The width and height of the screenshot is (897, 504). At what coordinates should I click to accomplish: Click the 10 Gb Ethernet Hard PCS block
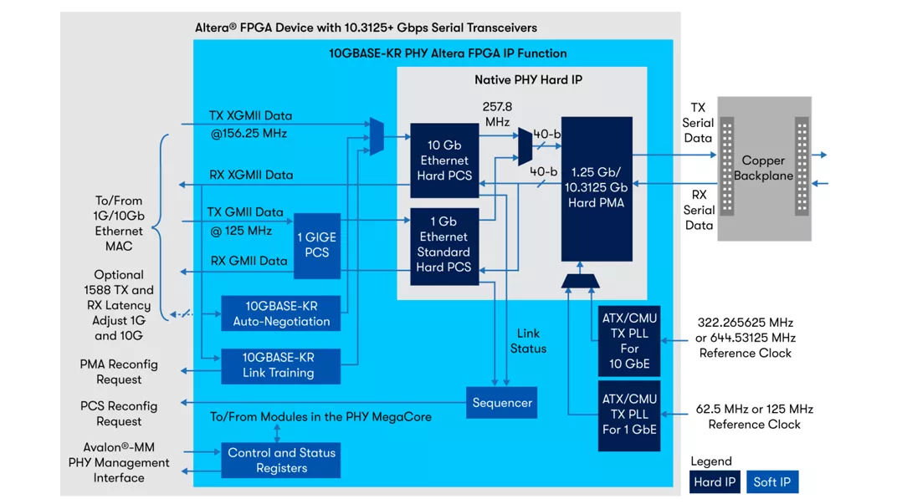[443, 160]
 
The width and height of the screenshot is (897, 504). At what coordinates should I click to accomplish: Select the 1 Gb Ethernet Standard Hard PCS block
[443, 244]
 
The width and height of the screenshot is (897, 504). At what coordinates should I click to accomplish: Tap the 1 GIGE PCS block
[317, 245]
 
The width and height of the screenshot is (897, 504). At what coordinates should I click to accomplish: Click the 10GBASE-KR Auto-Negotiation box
[280, 313]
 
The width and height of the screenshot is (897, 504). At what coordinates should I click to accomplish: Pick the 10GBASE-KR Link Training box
[280, 365]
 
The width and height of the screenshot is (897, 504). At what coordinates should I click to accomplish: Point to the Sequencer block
[501, 403]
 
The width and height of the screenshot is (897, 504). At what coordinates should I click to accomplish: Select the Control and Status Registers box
[280, 461]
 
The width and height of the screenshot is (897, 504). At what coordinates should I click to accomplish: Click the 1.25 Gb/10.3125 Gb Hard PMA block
[597, 188]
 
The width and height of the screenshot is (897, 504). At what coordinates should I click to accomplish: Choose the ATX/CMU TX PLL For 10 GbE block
[629, 340]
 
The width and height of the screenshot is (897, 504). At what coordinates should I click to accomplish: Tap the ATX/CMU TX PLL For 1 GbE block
[629, 415]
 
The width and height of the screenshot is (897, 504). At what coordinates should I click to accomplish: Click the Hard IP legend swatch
[715, 482]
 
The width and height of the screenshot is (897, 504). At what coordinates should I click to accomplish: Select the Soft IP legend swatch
[771, 482]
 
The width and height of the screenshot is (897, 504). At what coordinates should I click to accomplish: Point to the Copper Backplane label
[763, 168]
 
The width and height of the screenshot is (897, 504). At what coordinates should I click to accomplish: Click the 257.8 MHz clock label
[496, 115]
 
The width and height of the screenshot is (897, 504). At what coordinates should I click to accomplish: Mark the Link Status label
[528, 341]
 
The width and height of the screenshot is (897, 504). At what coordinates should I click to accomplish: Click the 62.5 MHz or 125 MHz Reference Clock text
[754, 417]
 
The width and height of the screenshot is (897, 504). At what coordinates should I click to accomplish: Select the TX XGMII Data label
[250, 115]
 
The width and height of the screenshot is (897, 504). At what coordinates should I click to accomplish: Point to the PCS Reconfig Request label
[119, 414]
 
